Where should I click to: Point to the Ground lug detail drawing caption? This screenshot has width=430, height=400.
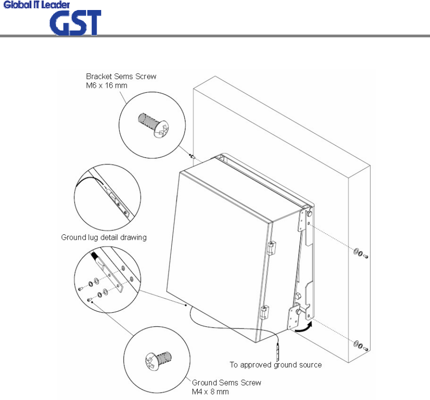pos(103,238)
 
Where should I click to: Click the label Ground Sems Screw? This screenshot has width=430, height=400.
pos(226,383)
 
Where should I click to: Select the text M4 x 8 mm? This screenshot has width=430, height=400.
pos(210,391)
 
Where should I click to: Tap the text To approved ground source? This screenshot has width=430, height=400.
pos(276,365)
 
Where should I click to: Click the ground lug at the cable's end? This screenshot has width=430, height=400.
pos(278,351)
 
